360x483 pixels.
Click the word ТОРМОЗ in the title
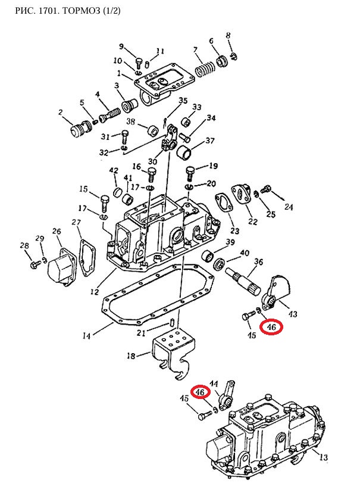tap(80, 11)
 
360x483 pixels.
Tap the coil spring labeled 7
tap(205, 70)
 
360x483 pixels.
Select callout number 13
tap(323, 457)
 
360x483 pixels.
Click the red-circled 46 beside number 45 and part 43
tap(271, 327)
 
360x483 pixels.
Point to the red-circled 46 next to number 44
tap(200, 392)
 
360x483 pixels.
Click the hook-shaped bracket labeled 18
tap(174, 354)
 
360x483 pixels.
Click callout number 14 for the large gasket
tap(86, 335)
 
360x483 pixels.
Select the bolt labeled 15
tap(104, 203)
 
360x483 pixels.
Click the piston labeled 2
tap(80, 129)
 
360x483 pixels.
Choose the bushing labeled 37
tap(184, 152)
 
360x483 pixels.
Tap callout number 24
tap(289, 207)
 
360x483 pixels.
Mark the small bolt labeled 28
tap(35, 264)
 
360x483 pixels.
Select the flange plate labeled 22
tap(242, 194)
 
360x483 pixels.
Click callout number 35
tap(183, 101)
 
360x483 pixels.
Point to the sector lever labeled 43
tap(276, 292)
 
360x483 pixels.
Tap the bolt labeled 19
tap(190, 174)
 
